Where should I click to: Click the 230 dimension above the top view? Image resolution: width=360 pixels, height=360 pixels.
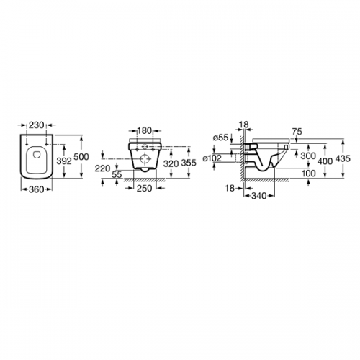37,125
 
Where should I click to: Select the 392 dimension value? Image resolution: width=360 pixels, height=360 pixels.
64,161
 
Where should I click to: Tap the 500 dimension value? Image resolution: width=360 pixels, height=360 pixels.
81,157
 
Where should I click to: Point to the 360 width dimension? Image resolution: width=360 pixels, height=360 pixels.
37,189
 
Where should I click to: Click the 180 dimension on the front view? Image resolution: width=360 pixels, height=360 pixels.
145,131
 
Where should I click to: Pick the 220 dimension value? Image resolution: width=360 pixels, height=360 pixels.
102,169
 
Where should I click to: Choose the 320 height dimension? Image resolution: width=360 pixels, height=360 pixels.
171,163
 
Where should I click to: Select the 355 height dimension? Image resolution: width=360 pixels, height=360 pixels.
189,163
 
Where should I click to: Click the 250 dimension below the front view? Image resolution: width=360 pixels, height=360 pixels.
145,189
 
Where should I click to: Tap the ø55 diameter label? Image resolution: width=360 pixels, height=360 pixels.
221,138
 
